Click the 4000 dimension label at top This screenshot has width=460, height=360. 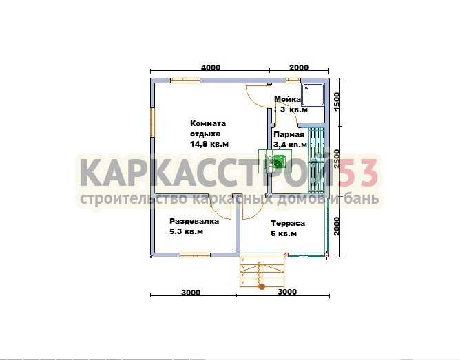[x=211, y=67]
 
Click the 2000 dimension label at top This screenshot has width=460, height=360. [x=299, y=67]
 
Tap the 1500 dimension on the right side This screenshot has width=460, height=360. [x=337, y=101]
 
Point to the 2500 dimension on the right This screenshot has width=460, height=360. [x=337, y=158]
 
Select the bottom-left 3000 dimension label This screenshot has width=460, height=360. [x=191, y=293]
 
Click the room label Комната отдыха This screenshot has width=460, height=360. [x=208, y=129]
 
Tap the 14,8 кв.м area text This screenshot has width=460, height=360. [x=209, y=145]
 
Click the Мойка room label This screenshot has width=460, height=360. [x=288, y=99]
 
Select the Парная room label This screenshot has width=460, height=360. [x=289, y=134]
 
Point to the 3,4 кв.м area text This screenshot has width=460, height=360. [x=290, y=145]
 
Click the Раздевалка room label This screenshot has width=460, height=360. [x=194, y=221]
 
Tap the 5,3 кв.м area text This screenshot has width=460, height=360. [x=187, y=231]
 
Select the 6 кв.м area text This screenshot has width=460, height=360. [x=284, y=233]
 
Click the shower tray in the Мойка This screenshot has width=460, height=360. [x=313, y=94]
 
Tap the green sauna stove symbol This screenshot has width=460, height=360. [x=275, y=160]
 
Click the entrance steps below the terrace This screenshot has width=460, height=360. [x=262, y=272]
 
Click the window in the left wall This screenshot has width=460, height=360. [x=152, y=123]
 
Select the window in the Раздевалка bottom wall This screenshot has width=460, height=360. [x=195, y=255]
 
